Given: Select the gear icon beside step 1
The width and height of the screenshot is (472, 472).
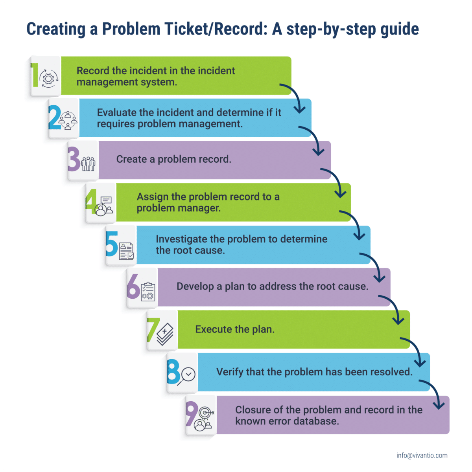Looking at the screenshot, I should click(49, 79).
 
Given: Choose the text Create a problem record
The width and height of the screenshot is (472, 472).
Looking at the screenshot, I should click(173, 159).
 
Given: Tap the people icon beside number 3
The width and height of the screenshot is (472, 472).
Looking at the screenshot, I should click(88, 163).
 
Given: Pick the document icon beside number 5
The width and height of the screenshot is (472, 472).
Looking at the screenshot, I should click(126, 251).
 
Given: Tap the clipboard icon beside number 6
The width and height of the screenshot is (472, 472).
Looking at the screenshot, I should click(148, 292).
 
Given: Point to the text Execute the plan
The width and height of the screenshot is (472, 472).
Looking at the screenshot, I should click(235, 329).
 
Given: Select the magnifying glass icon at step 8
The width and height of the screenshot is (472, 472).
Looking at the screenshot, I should click(186, 376).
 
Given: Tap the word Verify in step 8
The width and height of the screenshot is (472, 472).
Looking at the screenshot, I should click(230, 372).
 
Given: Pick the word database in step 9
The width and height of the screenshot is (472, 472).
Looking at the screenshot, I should click(318, 421).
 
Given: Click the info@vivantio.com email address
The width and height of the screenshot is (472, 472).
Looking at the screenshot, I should click(422, 455).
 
